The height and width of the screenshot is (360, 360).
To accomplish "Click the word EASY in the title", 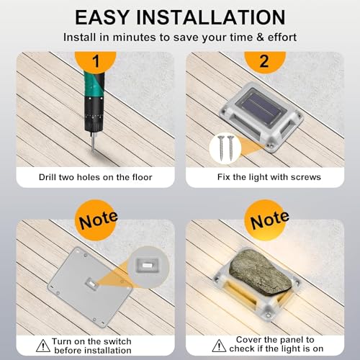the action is pos(102,17).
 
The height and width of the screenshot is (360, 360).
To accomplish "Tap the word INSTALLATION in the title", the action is pos(211,17).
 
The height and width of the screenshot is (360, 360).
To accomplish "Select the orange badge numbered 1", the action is pos(96,61).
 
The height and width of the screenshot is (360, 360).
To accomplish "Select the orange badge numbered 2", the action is pos(265,61).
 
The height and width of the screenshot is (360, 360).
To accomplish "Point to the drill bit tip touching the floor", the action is pos(93,150).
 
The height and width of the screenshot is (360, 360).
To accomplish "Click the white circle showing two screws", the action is pos(225,148).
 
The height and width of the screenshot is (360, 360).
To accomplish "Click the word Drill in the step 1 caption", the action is pos(48,177).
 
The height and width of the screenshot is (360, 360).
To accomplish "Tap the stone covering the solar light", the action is pos(261,272).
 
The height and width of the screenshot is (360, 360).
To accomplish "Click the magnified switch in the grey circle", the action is pos(148,266).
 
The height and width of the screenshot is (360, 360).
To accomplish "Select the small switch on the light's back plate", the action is pos(91,284).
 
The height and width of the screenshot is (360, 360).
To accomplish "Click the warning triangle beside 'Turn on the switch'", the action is pos(43,346).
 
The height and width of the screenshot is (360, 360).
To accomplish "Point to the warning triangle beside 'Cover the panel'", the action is pos(219,346).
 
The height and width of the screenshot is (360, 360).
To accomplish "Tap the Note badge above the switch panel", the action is pos(97,220).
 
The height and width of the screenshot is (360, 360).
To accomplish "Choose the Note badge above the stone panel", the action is pos(267,220).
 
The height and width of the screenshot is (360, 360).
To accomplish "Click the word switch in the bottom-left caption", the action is pos(116,341).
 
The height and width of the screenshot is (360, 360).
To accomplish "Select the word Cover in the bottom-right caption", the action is pos(248,340).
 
